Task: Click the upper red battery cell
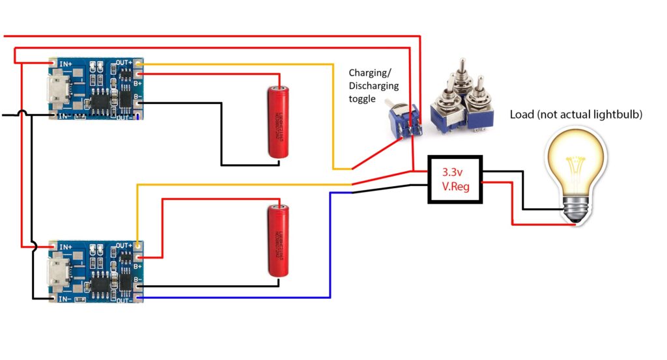[x=279, y=122]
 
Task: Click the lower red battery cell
[x=279, y=240]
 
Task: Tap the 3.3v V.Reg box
[x=454, y=180]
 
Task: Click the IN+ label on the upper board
[x=65, y=64]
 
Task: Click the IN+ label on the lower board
[x=65, y=247]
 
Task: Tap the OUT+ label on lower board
[x=124, y=246]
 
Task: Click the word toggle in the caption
[x=363, y=99]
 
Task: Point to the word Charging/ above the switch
[x=370, y=72]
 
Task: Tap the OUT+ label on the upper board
[x=124, y=62]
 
